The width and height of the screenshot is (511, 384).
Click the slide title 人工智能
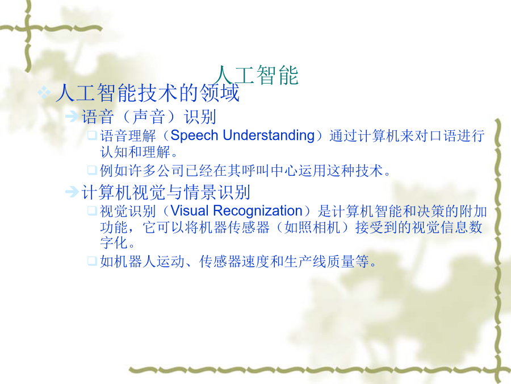coord(256,75)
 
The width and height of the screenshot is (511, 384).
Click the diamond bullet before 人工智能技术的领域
coord(44,93)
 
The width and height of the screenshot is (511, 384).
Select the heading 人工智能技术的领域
coord(148,93)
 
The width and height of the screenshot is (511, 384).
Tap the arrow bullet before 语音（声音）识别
coord(72,116)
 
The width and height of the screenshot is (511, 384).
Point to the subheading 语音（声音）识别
coord(149,117)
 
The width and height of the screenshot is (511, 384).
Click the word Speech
coord(194,135)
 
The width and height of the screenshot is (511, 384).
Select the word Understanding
coord(269,135)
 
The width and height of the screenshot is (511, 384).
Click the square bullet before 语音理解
coord(92,135)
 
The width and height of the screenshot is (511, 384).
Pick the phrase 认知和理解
coord(135,152)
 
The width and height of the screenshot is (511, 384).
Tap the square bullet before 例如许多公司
coord(92,170)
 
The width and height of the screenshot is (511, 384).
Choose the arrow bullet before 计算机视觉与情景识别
coord(72,192)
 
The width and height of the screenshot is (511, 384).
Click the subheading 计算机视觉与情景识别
coord(166,192)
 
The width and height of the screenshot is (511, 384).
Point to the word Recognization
coord(258,211)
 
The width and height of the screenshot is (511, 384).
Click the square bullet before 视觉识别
coord(92,210)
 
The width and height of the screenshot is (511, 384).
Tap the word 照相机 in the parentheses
coord(319,227)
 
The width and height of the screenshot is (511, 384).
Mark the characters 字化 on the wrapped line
coord(114,242)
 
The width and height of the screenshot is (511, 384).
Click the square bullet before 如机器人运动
coord(92,261)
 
